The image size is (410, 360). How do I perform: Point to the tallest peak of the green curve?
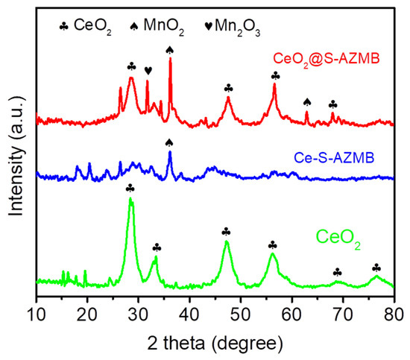[x=131, y=198]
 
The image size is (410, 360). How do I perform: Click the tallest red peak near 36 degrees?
[x=170, y=60]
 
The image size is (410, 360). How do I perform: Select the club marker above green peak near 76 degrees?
[x=376, y=268]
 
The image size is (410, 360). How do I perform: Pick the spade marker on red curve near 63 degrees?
[x=307, y=102]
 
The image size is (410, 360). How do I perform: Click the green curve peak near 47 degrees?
[x=227, y=242]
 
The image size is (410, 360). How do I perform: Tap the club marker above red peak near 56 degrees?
[x=275, y=75]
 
